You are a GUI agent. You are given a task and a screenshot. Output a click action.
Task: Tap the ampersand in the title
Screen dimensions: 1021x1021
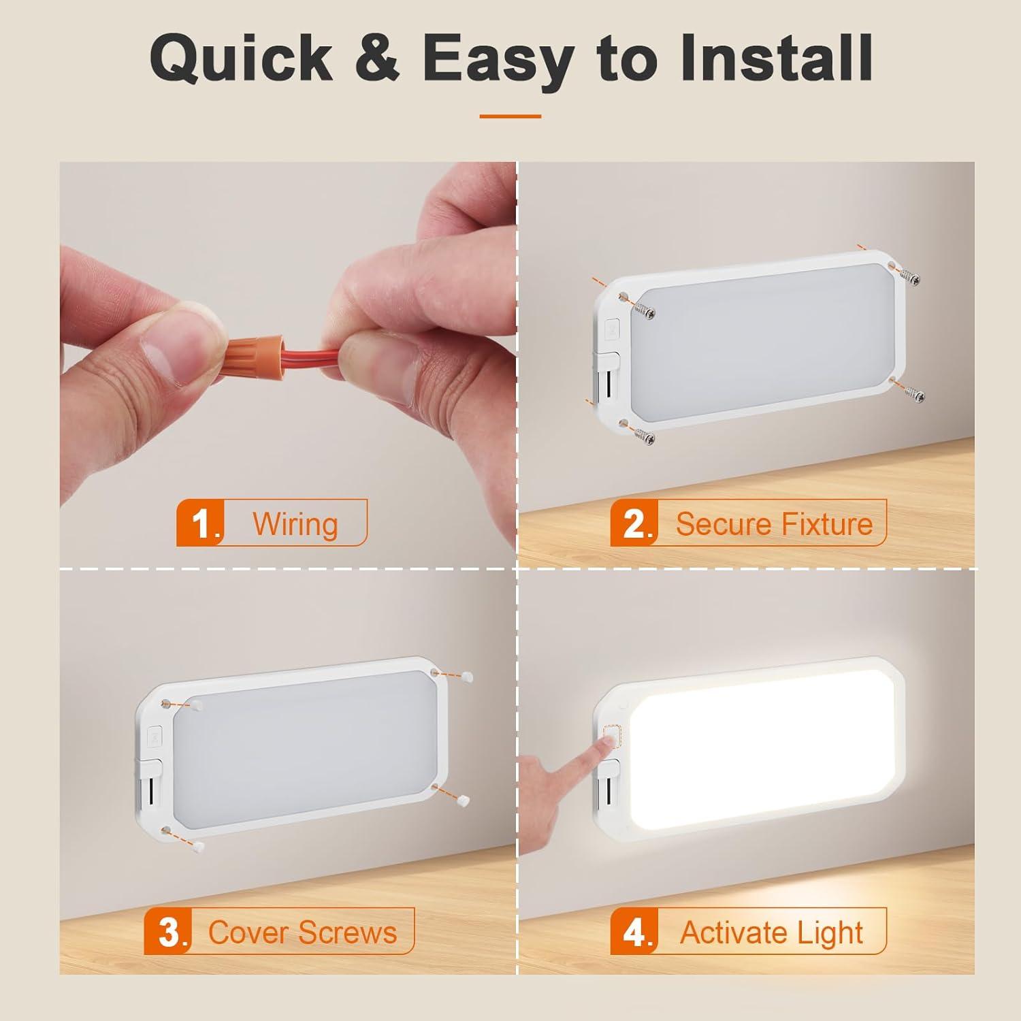coord(375,58)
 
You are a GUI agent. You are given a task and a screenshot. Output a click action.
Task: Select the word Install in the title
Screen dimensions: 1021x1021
coord(775,58)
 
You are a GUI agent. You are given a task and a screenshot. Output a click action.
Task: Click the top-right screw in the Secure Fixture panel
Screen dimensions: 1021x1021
coord(909,276)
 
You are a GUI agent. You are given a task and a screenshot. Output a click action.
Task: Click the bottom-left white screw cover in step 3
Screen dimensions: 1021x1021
coord(199,845)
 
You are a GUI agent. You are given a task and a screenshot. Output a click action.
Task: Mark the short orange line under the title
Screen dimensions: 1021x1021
coord(510,116)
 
